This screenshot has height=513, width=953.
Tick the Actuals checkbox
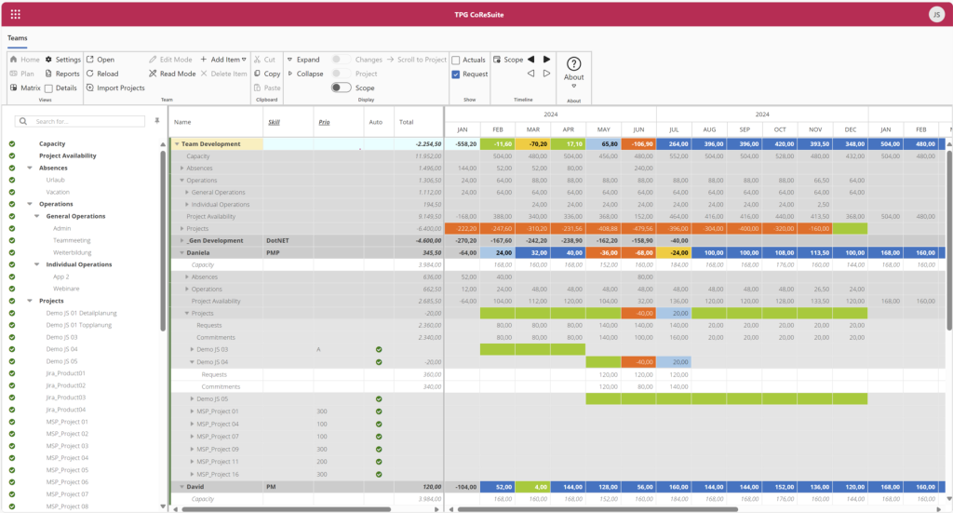pos(456,60)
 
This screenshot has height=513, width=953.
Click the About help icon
pos(573,63)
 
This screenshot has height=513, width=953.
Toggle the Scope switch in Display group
pos(341,88)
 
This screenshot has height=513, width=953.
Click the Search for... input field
pos(88,121)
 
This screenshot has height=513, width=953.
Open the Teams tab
pos(18,38)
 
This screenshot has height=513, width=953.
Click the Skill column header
pos(274,121)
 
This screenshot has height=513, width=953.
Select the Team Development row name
pos(210,144)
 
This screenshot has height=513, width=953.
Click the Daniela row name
pos(199,252)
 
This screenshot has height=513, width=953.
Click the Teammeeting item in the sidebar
pos(71,240)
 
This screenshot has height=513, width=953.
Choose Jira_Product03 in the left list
pos(66,398)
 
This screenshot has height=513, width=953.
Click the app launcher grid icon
pos(16,14)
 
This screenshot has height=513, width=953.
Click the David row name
pos(195,487)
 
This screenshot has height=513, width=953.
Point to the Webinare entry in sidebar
pos(67,289)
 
